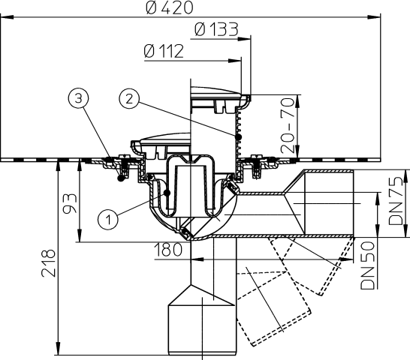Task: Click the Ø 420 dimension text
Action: [x=170, y=7]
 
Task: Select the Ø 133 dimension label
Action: [x=216, y=29]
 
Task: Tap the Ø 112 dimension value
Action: [x=164, y=51]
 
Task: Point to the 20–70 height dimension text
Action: [x=288, y=125]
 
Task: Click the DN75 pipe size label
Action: [x=395, y=201]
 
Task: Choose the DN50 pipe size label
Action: [x=367, y=265]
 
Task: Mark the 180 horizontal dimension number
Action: [x=168, y=249]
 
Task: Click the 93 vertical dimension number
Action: [x=70, y=203]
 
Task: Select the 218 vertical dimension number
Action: [x=48, y=263]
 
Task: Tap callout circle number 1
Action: [x=108, y=220]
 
